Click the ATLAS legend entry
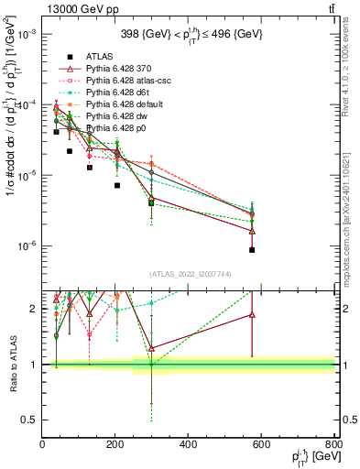point(98,57)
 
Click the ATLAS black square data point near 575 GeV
point(252,250)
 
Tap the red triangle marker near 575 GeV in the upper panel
point(252,231)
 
